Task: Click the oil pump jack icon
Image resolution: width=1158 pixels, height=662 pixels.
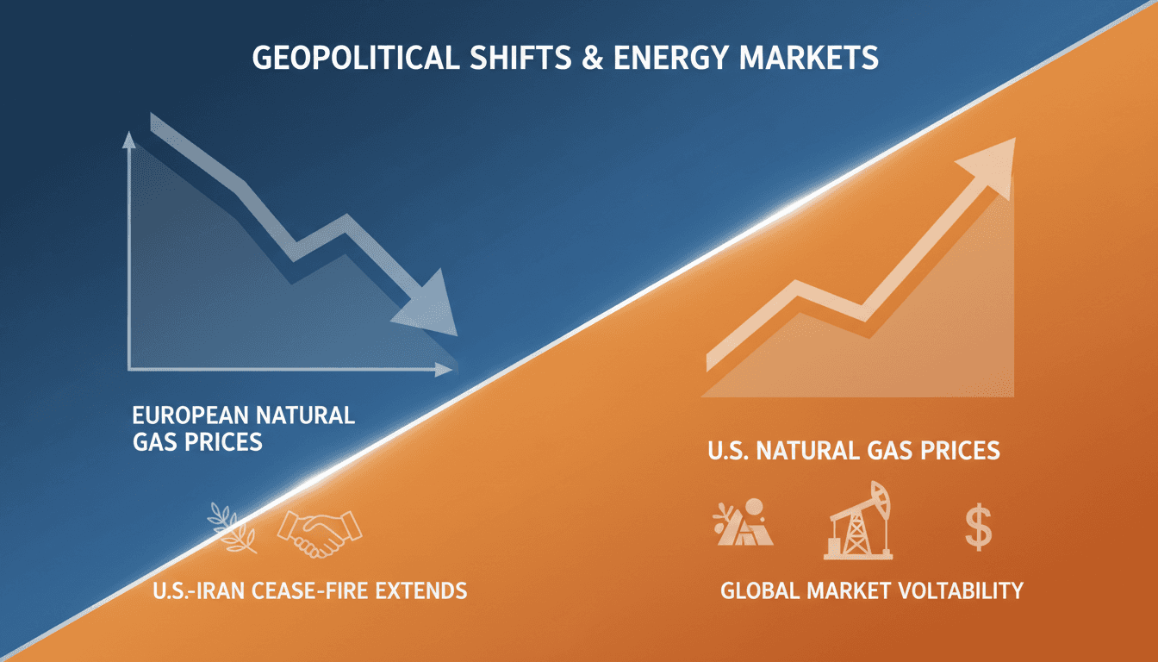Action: point(856,522)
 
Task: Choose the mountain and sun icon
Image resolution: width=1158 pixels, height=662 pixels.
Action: point(743,523)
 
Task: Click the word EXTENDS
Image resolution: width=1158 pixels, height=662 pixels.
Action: point(420,591)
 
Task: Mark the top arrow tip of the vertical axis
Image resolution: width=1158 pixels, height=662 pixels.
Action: point(129,137)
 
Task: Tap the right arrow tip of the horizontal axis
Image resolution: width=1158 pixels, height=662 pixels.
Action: point(446,369)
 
